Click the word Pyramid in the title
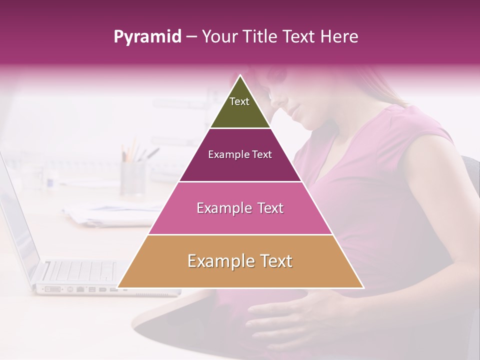tap(147, 37)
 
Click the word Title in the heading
tap(260, 36)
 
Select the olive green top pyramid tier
tap(240, 107)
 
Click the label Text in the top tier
tap(239, 101)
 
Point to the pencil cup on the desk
tap(133, 177)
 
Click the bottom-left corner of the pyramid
tap(118, 287)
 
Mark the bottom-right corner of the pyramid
tap(363, 287)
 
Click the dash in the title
tap(191, 37)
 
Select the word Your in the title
tap(219, 36)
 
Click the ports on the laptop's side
tap(75, 288)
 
